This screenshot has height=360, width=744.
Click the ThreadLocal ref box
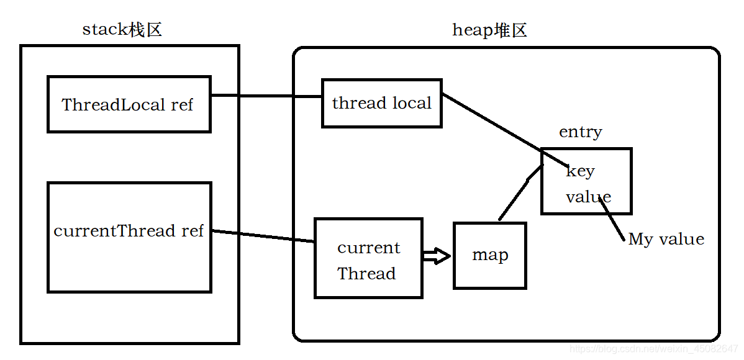[x=129, y=104]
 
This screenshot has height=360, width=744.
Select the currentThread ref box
[x=129, y=237]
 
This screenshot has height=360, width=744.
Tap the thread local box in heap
[x=381, y=104]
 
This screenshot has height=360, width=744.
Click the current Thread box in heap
[x=368, y=258]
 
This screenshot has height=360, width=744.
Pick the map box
[x=489, y=255]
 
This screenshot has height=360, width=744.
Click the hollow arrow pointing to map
[x=437, y=256]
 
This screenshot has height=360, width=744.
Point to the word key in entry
[x=580, y=171]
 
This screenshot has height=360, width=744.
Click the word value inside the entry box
[x=588, y=196]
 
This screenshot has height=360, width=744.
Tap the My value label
[x=666, y=238]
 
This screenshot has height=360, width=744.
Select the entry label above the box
[x=580, y=132]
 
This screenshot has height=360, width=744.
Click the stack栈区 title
[x=122, y=30]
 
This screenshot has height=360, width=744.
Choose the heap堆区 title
[x=489, y=30]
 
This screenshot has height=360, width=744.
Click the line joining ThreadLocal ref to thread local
[x=266, y=96]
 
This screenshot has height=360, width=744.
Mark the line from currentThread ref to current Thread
[x=263, y=236]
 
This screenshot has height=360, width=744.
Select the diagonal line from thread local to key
[x=505, y=130]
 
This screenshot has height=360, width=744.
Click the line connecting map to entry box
[x=520, y=192]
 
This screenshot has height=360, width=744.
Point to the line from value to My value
[x=612, y=219]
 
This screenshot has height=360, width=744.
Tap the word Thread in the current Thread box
[x=366, y=274]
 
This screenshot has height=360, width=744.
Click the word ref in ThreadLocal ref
[x=182, y=104]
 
